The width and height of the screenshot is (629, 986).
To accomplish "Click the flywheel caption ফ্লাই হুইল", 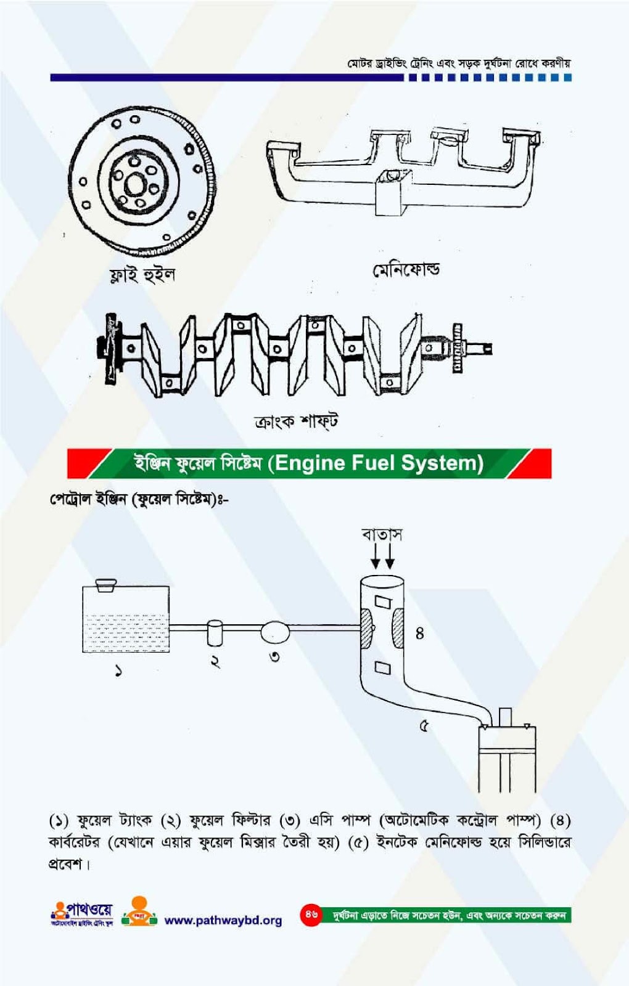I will [x=142, y=274].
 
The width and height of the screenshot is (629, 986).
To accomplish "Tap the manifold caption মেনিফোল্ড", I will [x=406, y=270].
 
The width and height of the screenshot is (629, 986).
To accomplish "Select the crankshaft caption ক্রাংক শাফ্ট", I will [x=296, y=422].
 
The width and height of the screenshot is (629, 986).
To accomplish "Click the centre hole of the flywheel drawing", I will [x=134, y=184].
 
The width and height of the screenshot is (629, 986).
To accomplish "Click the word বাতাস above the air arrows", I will [x=382, y=534].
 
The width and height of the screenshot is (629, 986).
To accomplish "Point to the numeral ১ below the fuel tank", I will [x=118, y=670].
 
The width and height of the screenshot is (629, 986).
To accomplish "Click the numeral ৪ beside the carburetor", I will [x=419, y=634].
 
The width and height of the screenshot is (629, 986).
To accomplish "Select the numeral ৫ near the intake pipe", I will [x=424, y=726].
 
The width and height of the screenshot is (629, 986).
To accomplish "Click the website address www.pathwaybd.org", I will [x=223, y=920].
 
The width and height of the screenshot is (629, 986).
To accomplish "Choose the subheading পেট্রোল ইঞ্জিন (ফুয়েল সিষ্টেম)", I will [x=139, y=499].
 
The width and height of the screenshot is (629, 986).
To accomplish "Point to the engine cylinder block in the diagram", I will [x=507, y=758].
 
